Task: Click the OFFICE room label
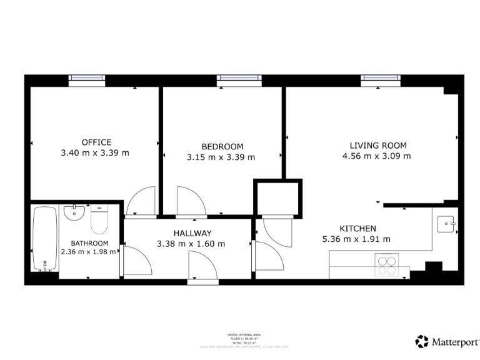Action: (x=96, y=142)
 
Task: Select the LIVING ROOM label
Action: (x=378, y=146)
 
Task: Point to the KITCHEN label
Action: (x=357, y=229)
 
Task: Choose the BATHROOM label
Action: (x=89, y=243)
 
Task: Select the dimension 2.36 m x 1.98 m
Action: (x=89, y=252)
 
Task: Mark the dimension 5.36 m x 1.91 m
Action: (x=356, y=239)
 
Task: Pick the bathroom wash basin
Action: (x=74, y=213)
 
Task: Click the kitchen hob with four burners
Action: (x=386, y=264)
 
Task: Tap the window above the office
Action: (x=87, y=78)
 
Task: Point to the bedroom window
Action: (x=239, y=78)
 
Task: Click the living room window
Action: (x=379, y=78)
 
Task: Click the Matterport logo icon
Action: (x=422, y=341)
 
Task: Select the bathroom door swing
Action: (x=137, y=261)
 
